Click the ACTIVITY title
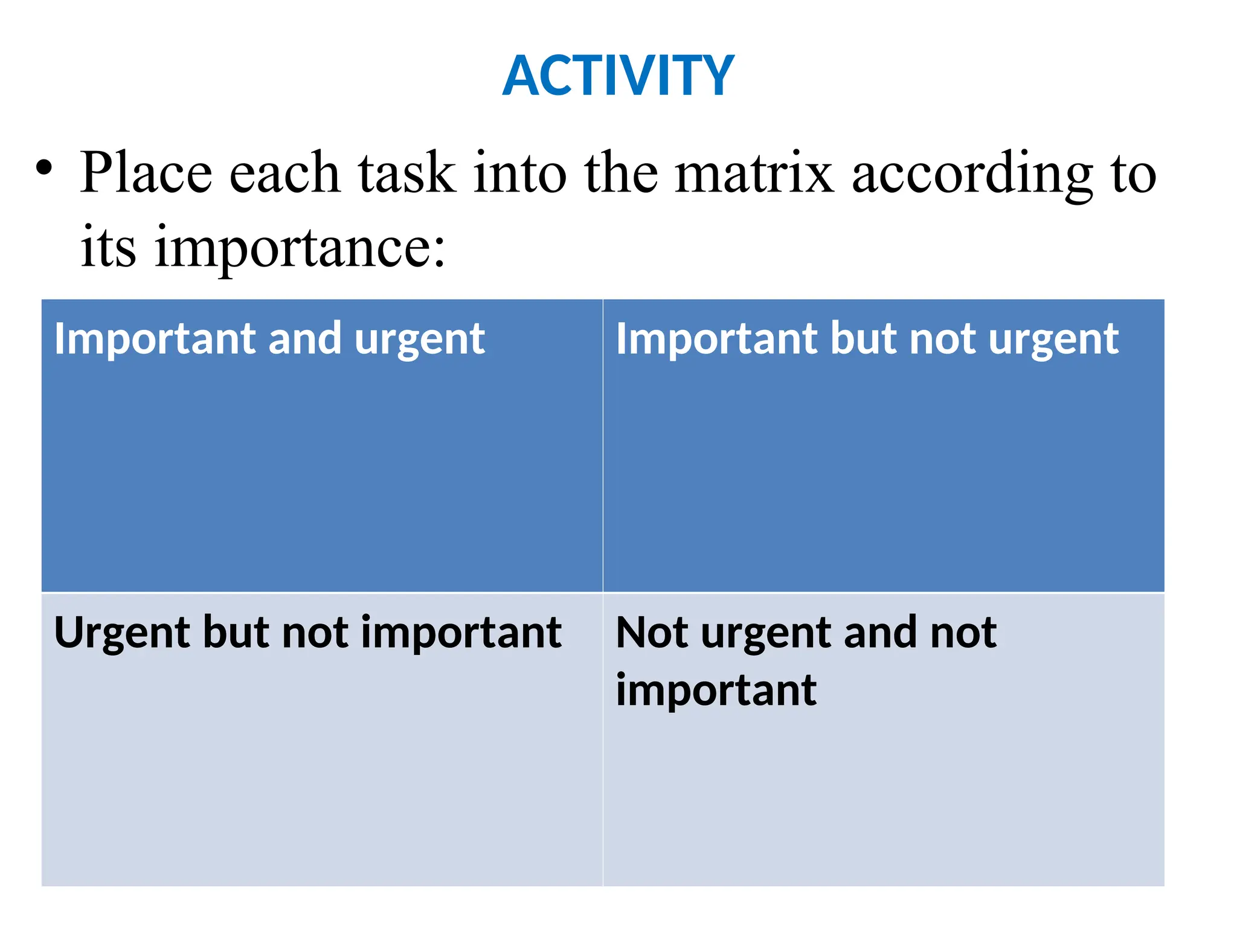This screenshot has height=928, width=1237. (x=618, y=76)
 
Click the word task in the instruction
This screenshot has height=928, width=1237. (x=406, y=173)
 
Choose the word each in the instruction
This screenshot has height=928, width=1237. (x=284, y=173)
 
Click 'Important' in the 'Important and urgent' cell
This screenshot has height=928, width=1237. (x=155, y=340)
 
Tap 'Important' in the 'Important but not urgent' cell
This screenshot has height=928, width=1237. (x=717, y=340)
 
